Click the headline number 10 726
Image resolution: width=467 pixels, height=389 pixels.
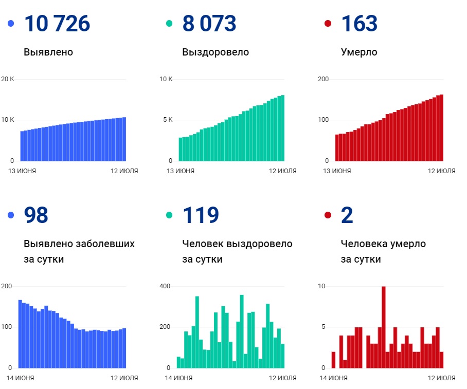click(57, 24)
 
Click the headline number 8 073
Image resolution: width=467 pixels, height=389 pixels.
click(209, 24)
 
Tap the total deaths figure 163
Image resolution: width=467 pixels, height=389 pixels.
click(359, 24)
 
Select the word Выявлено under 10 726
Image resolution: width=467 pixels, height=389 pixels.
click(48, 52)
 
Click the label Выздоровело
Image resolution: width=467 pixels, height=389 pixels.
click(215, 52)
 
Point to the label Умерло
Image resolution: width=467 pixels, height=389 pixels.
click(358, 52)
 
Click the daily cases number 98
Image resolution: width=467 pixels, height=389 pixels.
click(36, 215)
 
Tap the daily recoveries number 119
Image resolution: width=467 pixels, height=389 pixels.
click(201, 215)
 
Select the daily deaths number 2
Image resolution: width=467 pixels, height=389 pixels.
click(347, 215)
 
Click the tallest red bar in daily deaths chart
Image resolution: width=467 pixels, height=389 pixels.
click(384, 327)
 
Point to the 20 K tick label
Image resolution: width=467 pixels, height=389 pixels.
click(8, 79)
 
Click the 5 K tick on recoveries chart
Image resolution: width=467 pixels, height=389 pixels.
click(167, 120)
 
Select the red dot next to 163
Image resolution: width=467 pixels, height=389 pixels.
click(328, 24)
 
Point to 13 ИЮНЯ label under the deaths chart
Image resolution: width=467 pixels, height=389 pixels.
click(336, 171)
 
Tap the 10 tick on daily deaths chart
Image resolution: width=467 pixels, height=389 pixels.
click(321, 286)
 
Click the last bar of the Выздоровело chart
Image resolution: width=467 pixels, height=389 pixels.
click(282, 128)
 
